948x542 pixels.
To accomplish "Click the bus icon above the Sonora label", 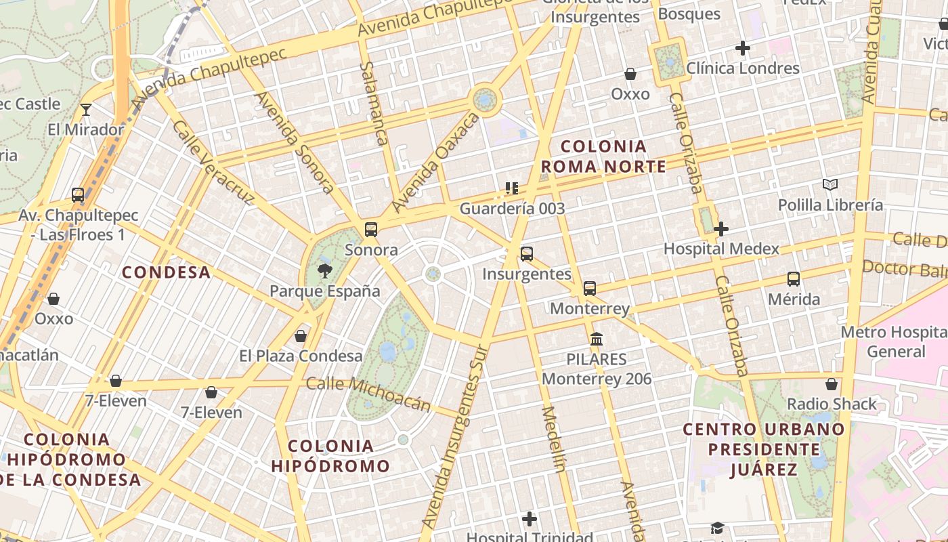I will [370, 230].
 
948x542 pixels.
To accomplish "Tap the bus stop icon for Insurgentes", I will [527, 254].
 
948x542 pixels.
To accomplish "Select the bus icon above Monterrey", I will [590, 289].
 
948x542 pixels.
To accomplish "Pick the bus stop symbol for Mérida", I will [794, 279].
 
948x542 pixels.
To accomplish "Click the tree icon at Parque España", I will [325, 272].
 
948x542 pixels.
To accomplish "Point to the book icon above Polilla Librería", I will [829, 184].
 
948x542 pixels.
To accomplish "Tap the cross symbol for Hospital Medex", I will [721, 229].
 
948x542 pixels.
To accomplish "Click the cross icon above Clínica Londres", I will [743, 48].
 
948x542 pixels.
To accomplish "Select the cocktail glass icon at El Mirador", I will [86, 110].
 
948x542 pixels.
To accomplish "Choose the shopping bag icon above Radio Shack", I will [832, 384].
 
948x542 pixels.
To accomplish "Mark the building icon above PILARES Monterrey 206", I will [597, 339].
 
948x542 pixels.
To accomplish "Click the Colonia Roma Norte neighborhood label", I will [603, 157].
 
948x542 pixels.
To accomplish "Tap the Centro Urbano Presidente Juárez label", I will [764, 449].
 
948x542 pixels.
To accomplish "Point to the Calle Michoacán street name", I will [368, 394].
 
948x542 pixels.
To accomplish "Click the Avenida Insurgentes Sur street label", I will [454, 437].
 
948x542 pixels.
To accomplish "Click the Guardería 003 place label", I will [512, 209].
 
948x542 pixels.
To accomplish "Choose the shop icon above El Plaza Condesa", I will [301, 336].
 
